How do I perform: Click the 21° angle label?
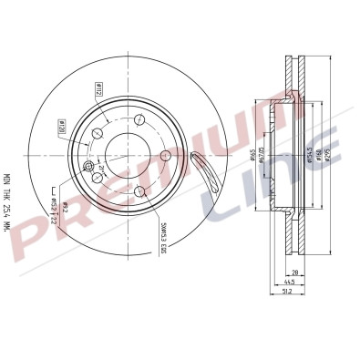[x=99, y=168]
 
